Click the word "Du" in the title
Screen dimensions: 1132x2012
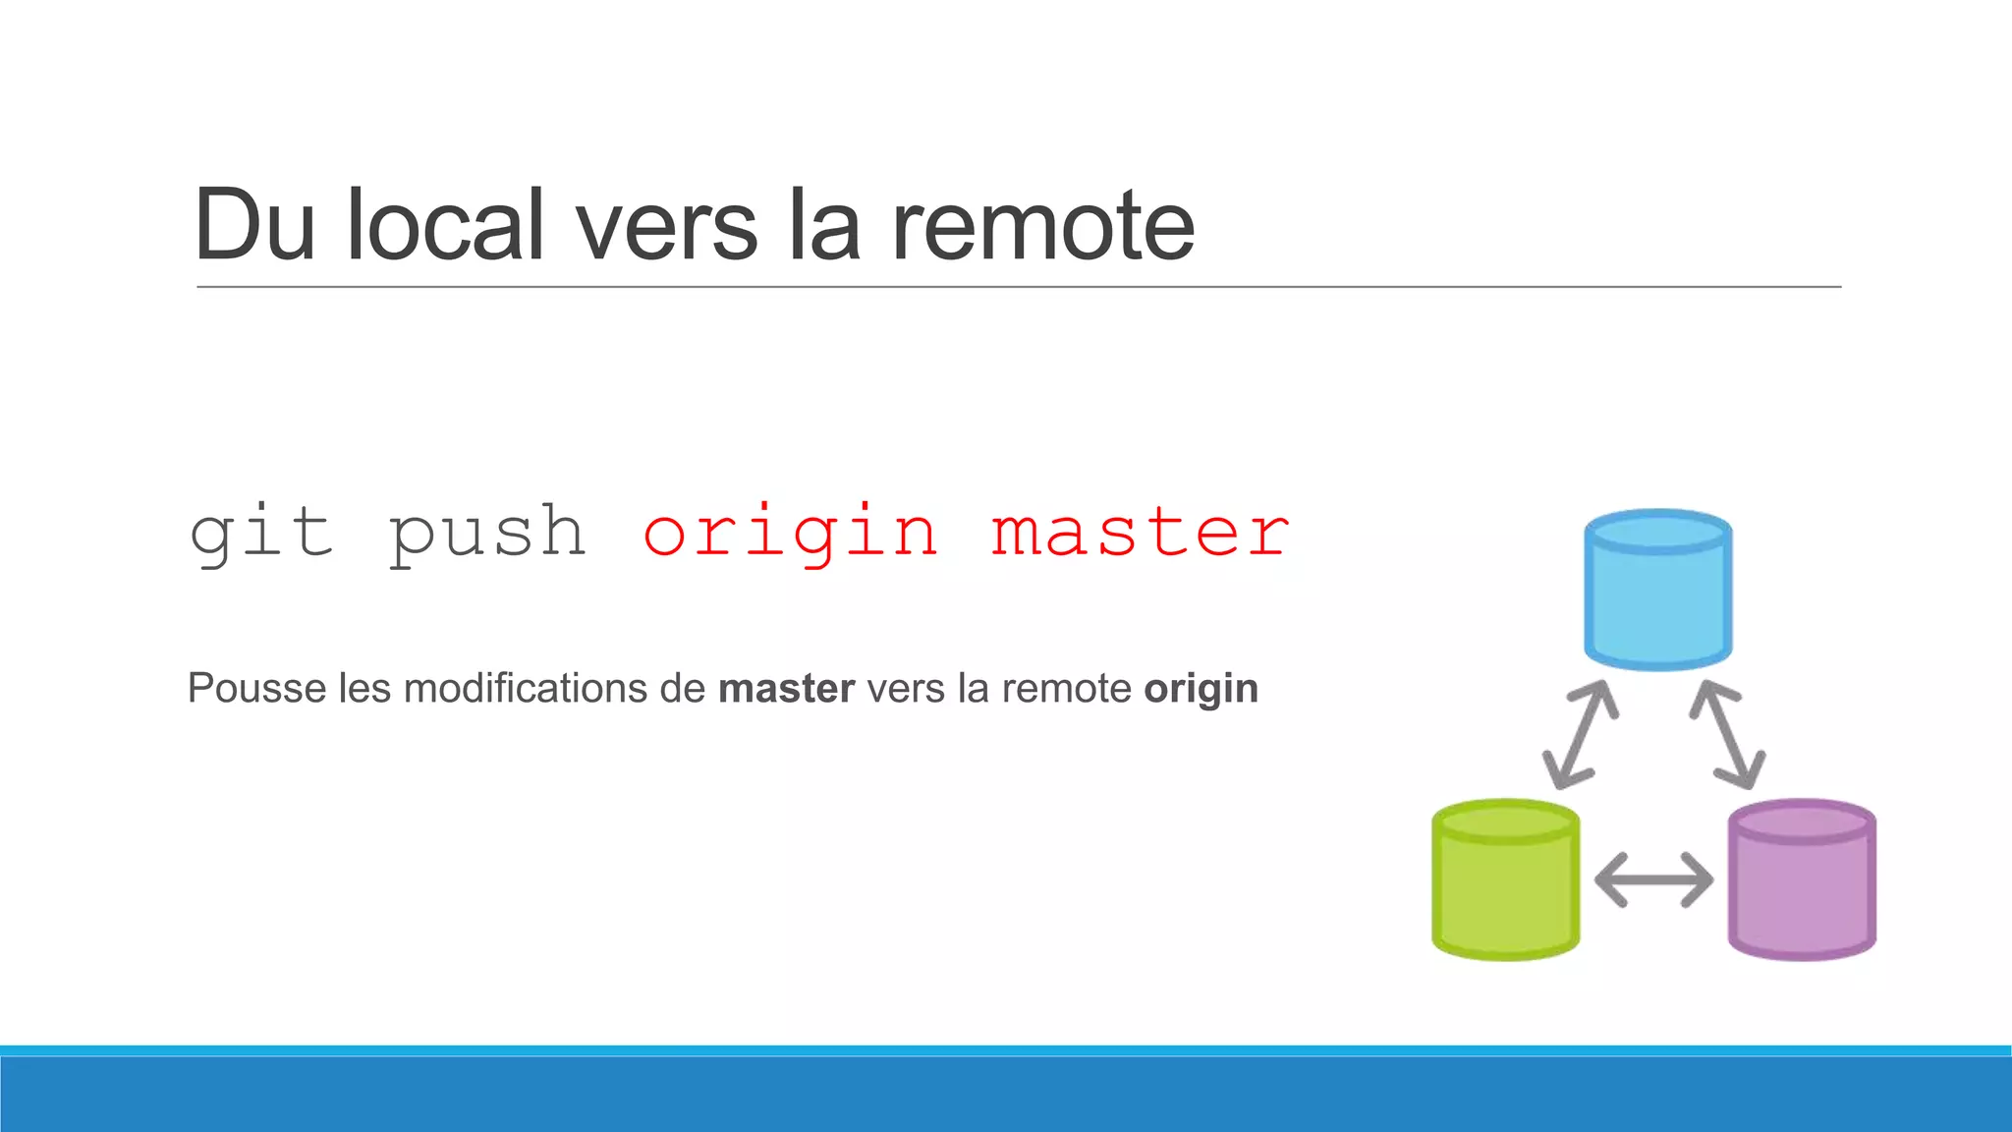pyautogui.click(x=254, y=226)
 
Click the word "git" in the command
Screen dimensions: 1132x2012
pyautogui.click(x=261, y=534)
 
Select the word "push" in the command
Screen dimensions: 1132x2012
pyautogui.click(x=488, y=534)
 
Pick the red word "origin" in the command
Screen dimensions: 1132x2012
pyautogui.click(x=791, y=534)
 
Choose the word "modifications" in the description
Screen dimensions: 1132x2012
pyautogui.click(x=554, y=688)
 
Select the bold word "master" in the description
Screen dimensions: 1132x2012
pyautogui.click(x=786, y=688)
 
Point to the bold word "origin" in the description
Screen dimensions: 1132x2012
pyautogui.click(x=1201, y=690)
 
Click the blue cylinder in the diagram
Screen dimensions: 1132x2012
pyautogui.click(x=1658, y=590)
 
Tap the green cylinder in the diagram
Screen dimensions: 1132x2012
pyautogui.click(x=1505, y=879)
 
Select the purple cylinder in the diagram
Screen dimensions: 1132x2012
pyautogui.click(x=1802, y=879)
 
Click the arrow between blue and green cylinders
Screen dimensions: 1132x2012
pyautogui.click(x=1580, y=734)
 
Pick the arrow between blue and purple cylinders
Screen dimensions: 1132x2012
pyautogui.click(x=1727, y=734)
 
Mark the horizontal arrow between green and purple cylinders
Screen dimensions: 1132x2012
pyautogui.click(x=1653, y=879)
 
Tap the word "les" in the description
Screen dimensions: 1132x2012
pyautogui.click(x=364, y=688)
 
